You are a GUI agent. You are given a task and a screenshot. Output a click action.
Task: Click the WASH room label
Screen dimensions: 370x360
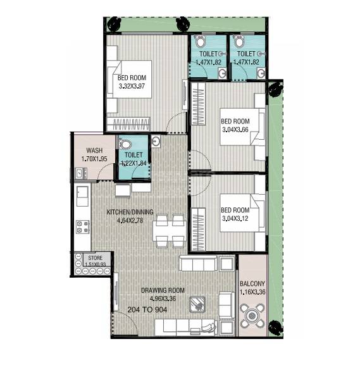pos(95,151)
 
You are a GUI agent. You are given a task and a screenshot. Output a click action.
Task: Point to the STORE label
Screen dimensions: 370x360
pos(95,257)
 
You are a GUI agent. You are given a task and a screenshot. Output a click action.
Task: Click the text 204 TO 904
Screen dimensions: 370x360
pos(151,311)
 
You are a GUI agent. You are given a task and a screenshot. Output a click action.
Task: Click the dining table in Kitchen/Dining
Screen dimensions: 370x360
pos(169,230)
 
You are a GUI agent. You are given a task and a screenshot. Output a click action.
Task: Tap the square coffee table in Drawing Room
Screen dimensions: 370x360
pos(197,304)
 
